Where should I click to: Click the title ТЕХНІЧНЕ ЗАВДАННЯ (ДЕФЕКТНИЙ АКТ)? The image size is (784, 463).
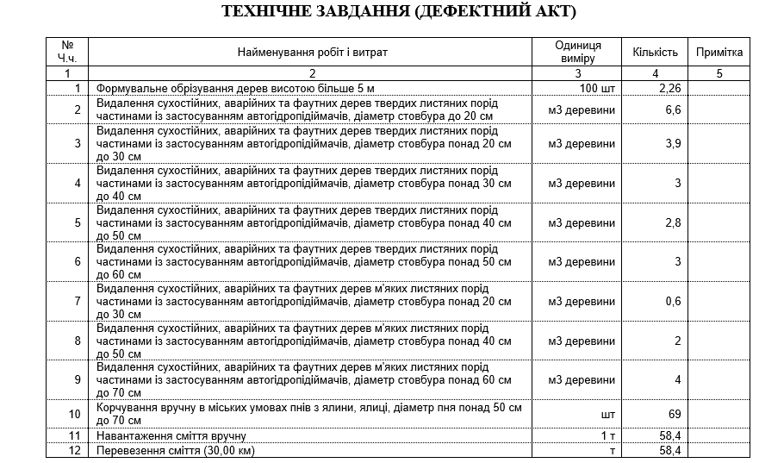click(399, 12)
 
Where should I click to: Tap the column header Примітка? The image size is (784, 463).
click(719, 53)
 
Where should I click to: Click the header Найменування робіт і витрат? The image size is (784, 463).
click(313, 53)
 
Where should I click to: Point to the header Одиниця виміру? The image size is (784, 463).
click(577, 52)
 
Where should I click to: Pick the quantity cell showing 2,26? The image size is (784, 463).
click(669, 88)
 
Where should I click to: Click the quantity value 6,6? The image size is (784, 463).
click(674, 109)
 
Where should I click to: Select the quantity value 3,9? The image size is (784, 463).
click(674, 144)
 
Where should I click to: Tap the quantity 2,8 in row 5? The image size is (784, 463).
click(674, 222)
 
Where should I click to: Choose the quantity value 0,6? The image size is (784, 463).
click(674, 301)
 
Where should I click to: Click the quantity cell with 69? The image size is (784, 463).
click(675, 415)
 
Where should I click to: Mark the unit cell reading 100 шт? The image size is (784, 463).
click(598, 88)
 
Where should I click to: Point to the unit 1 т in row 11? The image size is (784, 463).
click(608, 436)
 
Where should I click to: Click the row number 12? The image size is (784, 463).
click(75, 450)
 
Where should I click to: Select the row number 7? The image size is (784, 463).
click(78, 301)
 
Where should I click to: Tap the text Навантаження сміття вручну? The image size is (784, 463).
click(171, 436)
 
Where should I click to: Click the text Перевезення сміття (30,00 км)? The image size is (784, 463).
click(176, 450)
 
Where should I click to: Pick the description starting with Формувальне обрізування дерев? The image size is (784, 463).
click(235, 88)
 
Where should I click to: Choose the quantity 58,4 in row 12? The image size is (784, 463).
click(669, 450)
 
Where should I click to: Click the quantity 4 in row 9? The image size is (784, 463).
click(678, 379)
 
